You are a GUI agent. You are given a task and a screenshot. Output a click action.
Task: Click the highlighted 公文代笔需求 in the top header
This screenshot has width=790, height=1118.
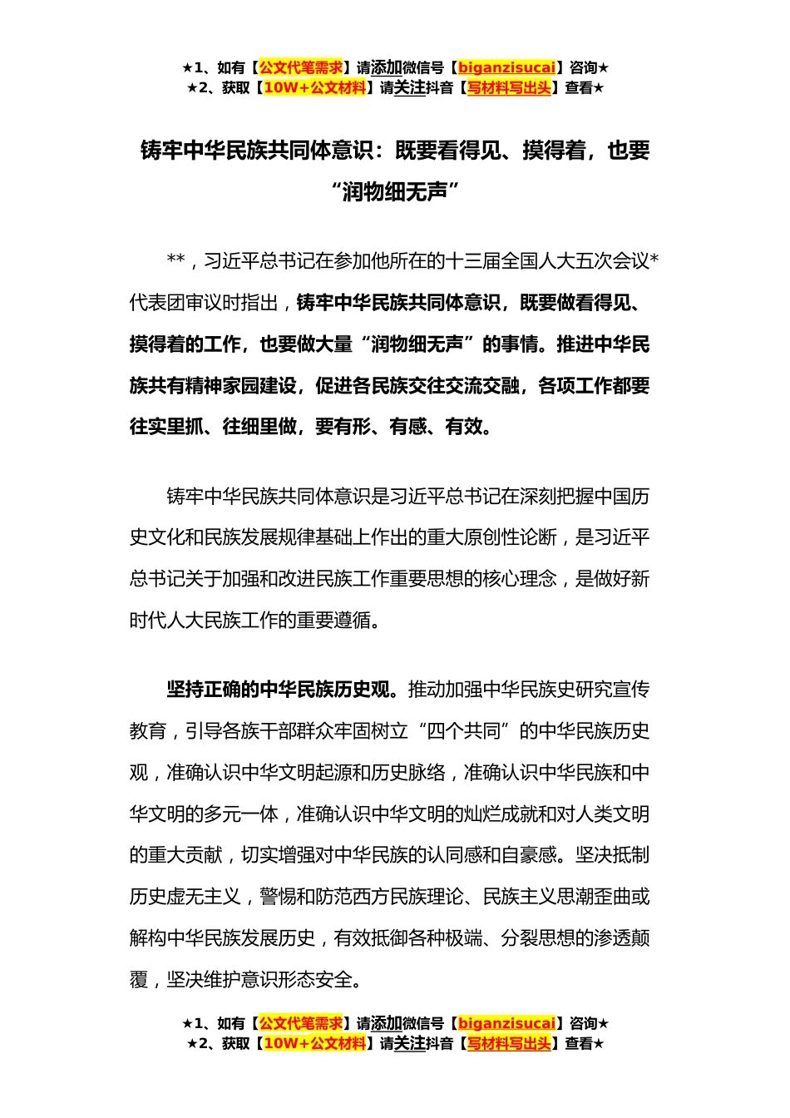click(x=301, y=67)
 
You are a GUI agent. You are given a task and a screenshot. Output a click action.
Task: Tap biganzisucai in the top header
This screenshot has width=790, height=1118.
click(x=506, y=67)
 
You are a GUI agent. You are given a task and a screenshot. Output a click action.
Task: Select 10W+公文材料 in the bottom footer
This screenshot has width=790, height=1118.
click(x=314, y=1043)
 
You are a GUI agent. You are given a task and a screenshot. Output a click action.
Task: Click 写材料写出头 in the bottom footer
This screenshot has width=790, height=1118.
click(x=509, y=1043)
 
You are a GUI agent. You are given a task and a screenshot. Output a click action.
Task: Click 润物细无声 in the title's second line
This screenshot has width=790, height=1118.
click(x=395, y=191)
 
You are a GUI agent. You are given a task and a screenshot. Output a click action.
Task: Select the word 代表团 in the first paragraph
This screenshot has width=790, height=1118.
click(x=157, y=303)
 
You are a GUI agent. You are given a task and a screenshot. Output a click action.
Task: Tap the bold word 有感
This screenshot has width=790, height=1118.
click(x=407, y=427)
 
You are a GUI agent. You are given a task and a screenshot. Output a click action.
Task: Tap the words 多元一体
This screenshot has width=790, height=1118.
click(x=241, y=814)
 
